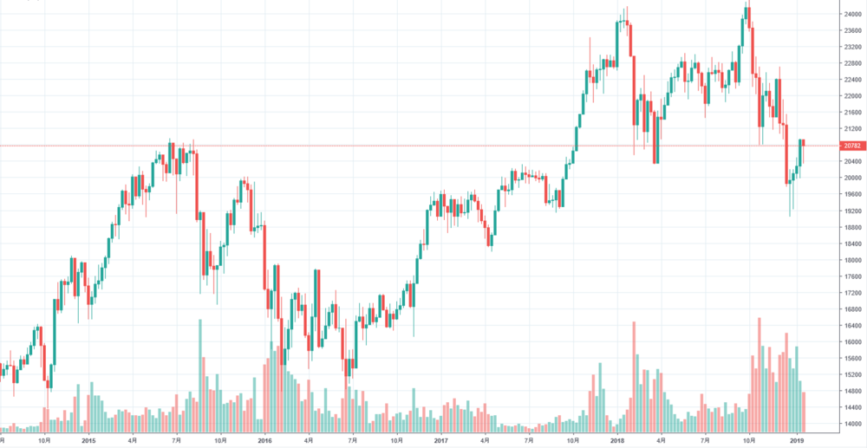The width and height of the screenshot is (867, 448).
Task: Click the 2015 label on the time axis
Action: tap(88, 440)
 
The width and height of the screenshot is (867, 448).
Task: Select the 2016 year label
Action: tap(265, 440)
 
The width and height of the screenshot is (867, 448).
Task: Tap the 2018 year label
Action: tap(617, 440)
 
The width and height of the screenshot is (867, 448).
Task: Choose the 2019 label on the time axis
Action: tap(797, 440)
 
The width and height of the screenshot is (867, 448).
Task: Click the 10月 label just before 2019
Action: tap(752, 440)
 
